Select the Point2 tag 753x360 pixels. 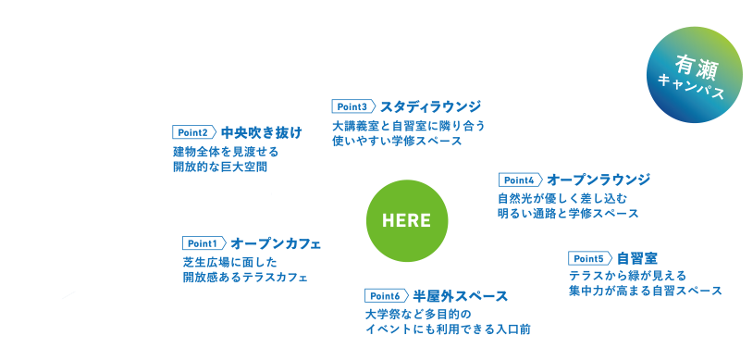click(x=193, y=132)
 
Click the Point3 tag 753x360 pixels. click(x=353, y=106)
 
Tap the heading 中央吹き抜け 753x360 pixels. click(x=262, y=132)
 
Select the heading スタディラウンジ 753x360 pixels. click(x=425, y=106)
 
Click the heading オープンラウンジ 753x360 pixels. click(x=599, y=179)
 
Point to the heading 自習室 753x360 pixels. click(x=636, y=257)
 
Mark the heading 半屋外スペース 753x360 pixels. click(x=460, y=295)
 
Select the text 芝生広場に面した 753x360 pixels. click(x=221, y=262)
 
